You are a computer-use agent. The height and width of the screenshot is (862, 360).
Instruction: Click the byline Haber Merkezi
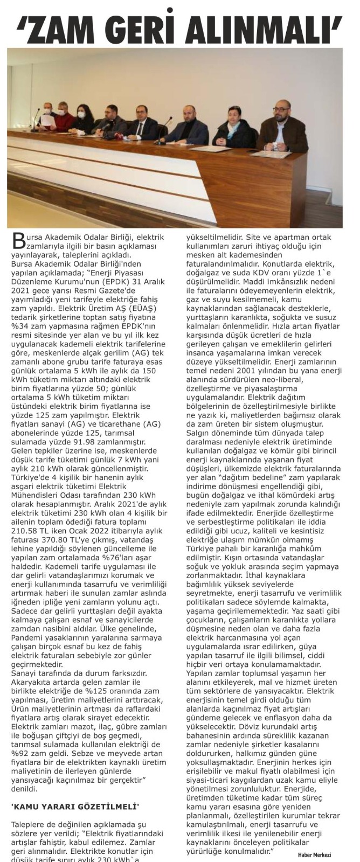pos(314,854)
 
